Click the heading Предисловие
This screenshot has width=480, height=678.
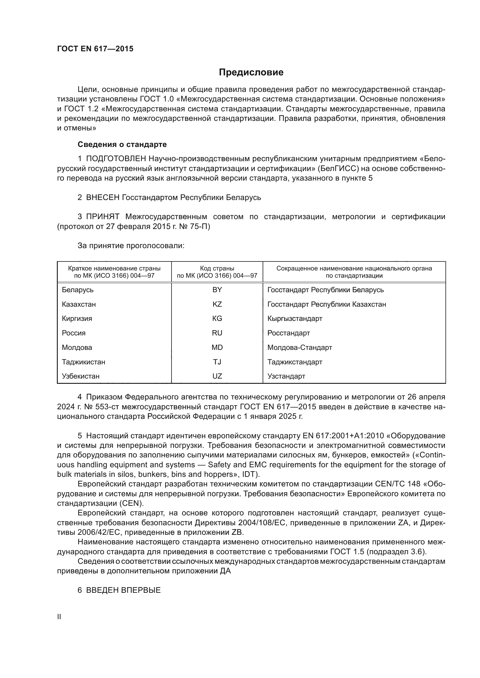[251, 72]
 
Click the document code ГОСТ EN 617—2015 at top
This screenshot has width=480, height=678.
[95, 49]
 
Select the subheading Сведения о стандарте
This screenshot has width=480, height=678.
[122, 144]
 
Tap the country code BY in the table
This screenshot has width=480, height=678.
[217, 290]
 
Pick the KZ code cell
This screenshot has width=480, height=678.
[217, 304]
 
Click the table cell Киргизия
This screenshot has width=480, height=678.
[77, 318]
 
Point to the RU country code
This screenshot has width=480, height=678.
[217, 333]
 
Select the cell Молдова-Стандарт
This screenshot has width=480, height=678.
[299, 347]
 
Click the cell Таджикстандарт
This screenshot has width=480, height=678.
[295, 362]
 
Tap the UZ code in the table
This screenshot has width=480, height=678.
[217, 376]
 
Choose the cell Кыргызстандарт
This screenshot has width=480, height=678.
[295, 318]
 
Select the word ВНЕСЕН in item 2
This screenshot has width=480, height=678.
[102, 197]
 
